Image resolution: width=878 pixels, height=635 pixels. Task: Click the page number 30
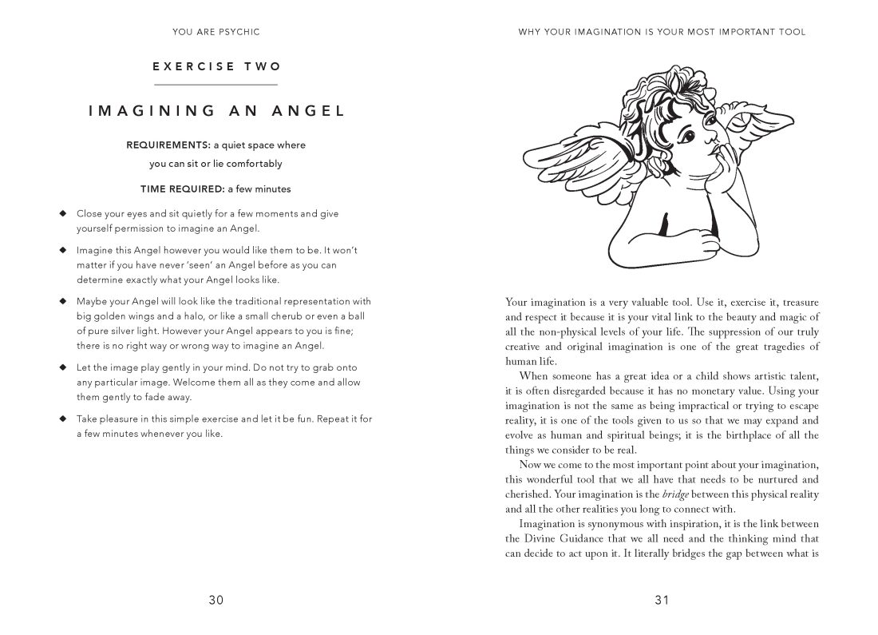pos(216,601)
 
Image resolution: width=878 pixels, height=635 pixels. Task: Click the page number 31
pos(662,601)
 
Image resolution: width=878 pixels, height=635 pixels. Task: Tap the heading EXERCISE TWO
pos(216,67)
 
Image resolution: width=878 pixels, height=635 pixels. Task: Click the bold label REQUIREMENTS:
pos(163,145)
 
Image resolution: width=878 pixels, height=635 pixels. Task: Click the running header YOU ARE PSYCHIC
pos(216,32)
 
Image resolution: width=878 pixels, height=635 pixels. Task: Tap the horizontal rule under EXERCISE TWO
pos(216,85)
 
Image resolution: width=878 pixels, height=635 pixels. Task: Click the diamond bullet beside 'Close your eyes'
pos(61,213)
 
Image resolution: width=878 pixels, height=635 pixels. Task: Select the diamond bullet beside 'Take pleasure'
pos(61,419)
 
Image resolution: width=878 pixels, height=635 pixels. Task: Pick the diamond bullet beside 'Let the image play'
pos(61,367)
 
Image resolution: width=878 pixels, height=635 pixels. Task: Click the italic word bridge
pos(678,495)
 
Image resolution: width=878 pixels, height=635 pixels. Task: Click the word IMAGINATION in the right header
pos(604,32)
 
